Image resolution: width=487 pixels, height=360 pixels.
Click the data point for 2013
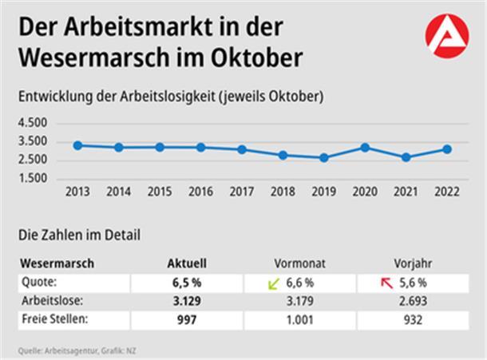pyautogui.click(x=77, y=145)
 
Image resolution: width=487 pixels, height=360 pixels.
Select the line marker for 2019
pyautogui.click(x=323, y=157)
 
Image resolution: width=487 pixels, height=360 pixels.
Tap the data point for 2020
pyautogui.click(x=365, y=147)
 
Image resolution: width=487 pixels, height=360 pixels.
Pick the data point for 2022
pyautogui.click(x=447, y=148)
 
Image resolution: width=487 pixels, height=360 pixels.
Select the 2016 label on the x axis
pyautogui.click(x=200, y=192)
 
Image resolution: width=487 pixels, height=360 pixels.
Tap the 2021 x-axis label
pyautogui.click(x=406, y=192)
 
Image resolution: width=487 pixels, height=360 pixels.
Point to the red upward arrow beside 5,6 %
pyautogui.click(x=387, y=283)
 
